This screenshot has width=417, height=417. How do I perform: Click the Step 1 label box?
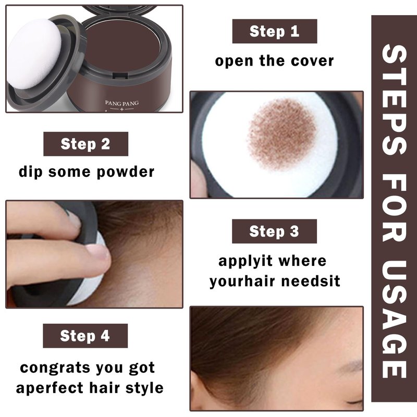click(x=275, y=31)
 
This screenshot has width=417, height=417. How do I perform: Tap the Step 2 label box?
click(x=85, y=144)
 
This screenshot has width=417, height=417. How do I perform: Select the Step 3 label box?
click(x=274, y=231)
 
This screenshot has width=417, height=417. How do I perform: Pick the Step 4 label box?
click(x=85, y=336)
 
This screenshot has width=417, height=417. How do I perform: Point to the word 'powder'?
click(x=125, y=172)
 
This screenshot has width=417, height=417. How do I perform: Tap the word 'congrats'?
click(x=55, y=368)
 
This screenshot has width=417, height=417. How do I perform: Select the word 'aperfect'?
click(x=50, y=388)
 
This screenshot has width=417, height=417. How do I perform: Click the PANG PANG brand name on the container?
click(x=122, y=103)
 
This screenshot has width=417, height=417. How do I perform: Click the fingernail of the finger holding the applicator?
click(x=97, y=252)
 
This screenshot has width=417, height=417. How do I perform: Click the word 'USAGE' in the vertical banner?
click(x=394, y=319)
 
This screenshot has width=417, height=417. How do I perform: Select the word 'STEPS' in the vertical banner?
click(x=394, y=100)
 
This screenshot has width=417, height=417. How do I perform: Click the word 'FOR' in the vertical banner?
click(x=394, y=208)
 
